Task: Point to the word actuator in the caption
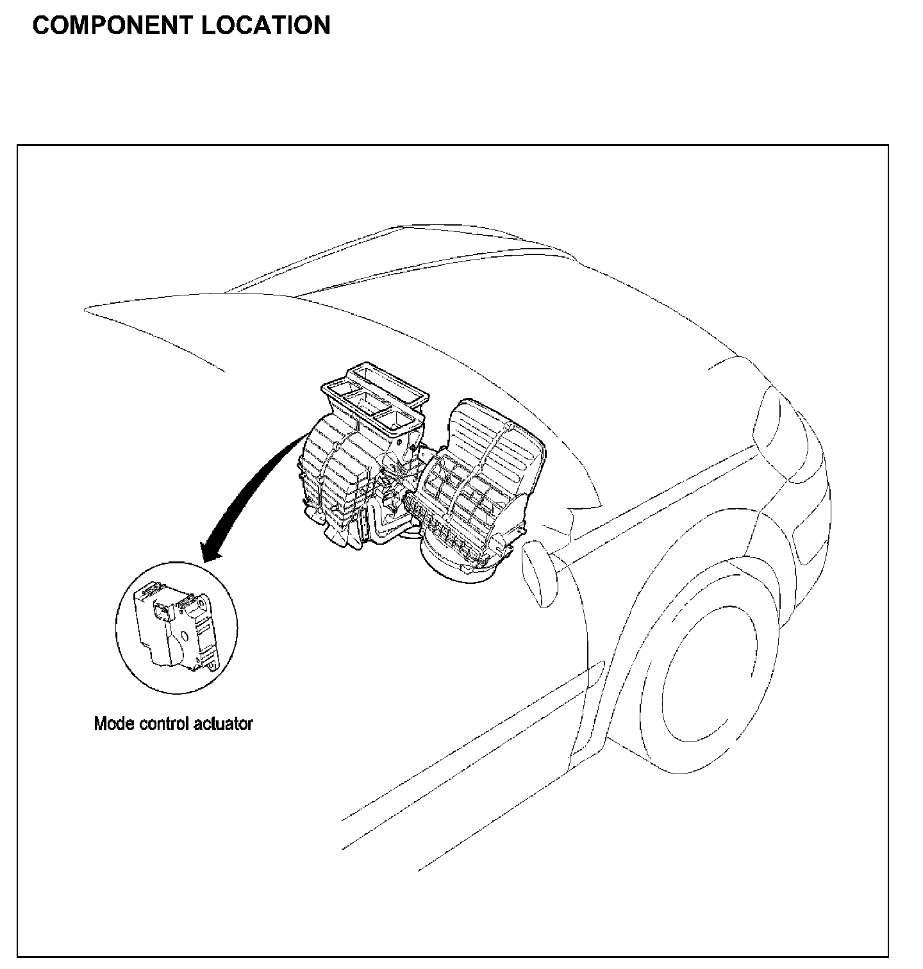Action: point(224,724)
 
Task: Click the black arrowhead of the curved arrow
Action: point(212,551)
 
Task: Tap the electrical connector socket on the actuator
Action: point(160,612)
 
